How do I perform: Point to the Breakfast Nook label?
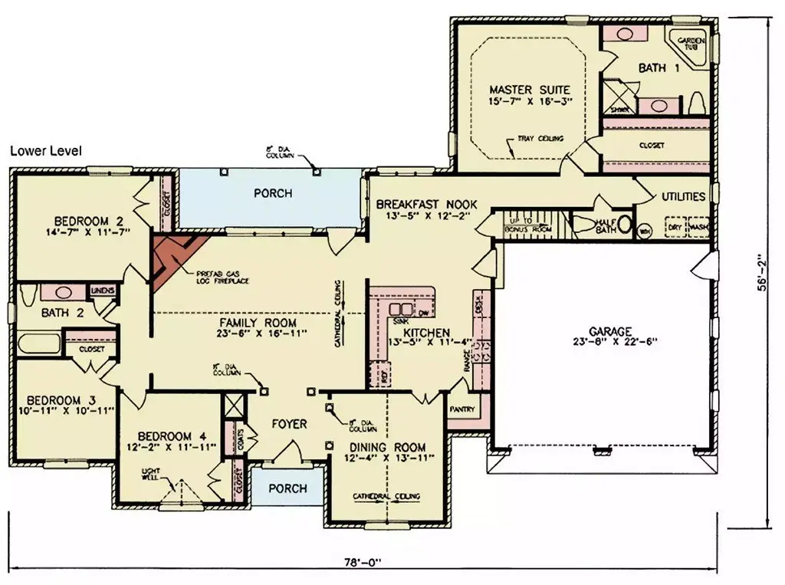[x=426, y=205]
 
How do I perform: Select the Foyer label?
[x=289, y=424]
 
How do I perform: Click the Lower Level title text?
[x=45, y=151]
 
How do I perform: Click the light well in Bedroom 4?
[x=182, y=491]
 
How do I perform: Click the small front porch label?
[x=288, y=488]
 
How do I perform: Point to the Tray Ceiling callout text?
[x=540, y=139]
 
